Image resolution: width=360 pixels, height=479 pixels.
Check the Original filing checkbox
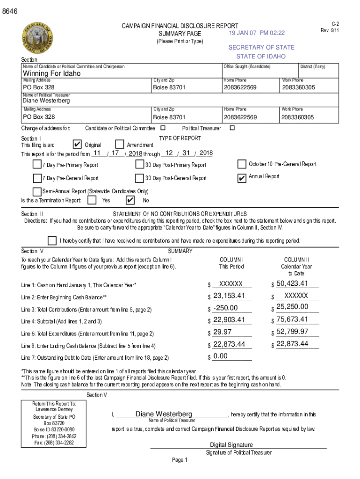78,145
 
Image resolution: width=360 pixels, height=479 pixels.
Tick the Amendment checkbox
119,145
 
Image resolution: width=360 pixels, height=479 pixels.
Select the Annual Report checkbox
242,178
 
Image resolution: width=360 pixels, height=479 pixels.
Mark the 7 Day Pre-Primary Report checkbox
37,164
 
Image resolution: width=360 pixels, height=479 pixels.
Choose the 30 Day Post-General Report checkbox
139,178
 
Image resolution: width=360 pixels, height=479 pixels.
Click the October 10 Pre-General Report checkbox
242,164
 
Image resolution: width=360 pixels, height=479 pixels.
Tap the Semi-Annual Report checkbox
37,191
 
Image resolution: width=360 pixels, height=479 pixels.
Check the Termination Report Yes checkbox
93,200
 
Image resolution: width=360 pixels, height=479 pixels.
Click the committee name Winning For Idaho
52,73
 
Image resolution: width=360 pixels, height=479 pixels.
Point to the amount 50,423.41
292,283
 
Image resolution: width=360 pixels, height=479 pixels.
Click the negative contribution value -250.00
225,308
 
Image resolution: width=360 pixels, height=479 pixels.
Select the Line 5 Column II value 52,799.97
292,332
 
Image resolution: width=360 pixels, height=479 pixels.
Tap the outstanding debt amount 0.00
220,356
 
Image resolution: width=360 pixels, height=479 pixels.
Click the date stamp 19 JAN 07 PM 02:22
257,33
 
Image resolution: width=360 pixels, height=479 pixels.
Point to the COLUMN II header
296,260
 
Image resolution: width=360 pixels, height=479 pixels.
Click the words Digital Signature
231,445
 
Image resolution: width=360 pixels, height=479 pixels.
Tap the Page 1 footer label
180,460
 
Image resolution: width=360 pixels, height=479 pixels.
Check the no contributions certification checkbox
52,240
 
